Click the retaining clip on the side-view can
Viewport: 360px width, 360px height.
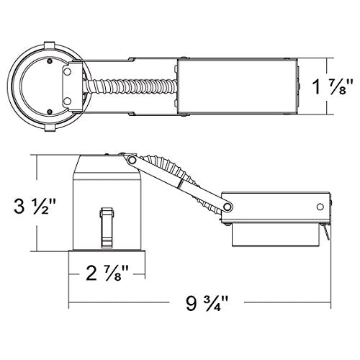(106, 224)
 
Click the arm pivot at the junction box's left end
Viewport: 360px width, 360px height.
(228, 207)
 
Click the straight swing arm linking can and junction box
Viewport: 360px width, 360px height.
(180, 183)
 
